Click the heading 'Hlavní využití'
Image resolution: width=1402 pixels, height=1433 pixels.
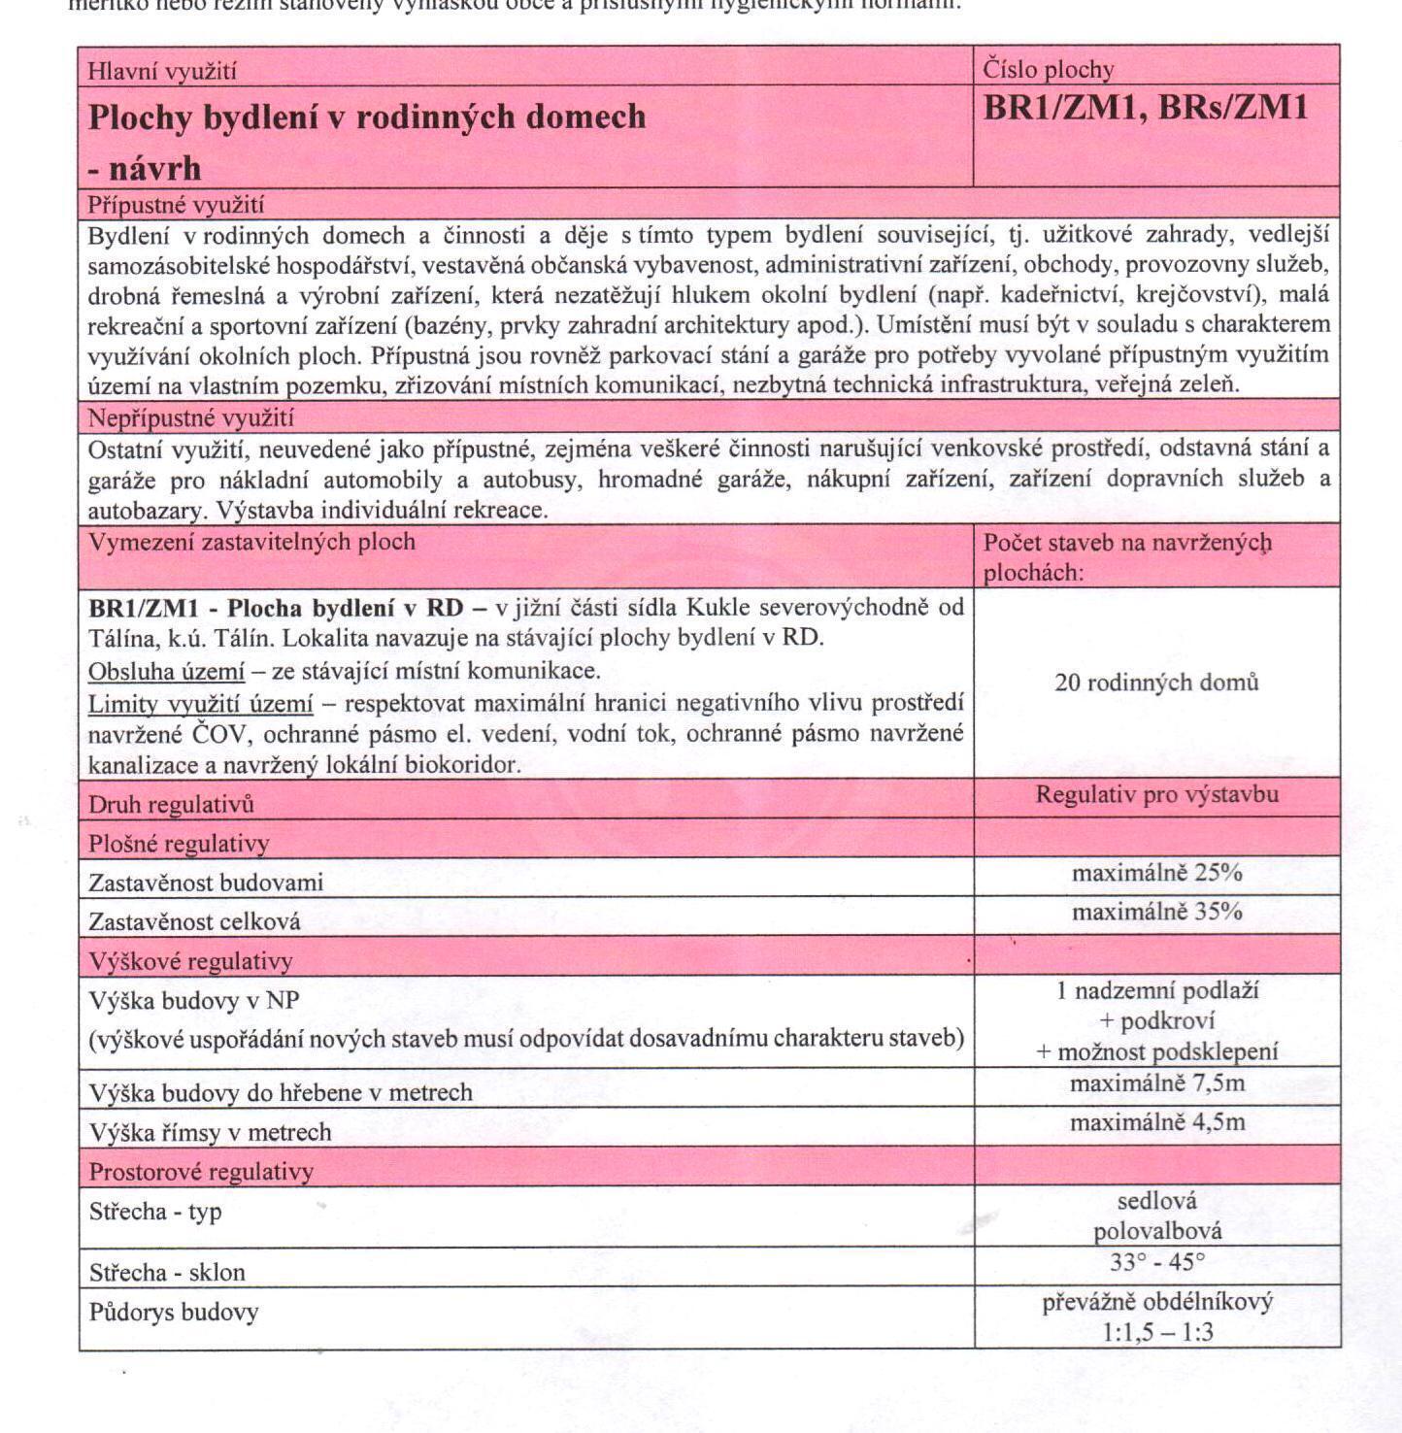pos(161,71)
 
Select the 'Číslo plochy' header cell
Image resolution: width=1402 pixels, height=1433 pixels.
pos(1048,69)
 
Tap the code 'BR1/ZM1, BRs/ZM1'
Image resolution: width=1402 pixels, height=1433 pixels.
pos(1146,108)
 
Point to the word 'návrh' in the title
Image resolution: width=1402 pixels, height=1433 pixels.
pos(154,169)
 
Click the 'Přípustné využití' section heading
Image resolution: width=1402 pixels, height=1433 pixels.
pos(175,205)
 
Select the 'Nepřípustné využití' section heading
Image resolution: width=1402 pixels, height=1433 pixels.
pos(190,418)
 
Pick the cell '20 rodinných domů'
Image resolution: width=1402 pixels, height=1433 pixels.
pos(1156,683)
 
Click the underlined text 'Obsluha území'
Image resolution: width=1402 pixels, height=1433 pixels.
pos(166,671)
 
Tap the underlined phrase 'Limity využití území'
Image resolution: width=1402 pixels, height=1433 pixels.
pos(200,703)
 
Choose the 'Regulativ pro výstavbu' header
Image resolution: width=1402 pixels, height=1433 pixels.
pos(1156,794)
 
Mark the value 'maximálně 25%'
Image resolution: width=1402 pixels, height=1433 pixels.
pos(1156,873)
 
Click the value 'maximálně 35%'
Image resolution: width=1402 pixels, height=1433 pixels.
pos(1156,912)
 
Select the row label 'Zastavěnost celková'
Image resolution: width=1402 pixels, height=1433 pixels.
pos(194,921)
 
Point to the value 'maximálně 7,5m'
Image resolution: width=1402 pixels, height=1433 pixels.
pos(1156,1083)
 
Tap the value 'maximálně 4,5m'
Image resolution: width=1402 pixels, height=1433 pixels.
pos(1156,1122)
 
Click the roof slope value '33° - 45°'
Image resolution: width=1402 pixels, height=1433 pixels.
pos(1156,1262)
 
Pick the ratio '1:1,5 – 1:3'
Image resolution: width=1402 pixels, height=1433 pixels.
pos(1157,1332)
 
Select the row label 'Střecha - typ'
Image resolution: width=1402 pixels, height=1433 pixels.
pos(155,1212)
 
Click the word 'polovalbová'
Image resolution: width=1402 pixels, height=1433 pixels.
pos(1157,1232)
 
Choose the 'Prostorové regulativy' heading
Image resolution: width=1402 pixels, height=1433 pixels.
pos(201,1172)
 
